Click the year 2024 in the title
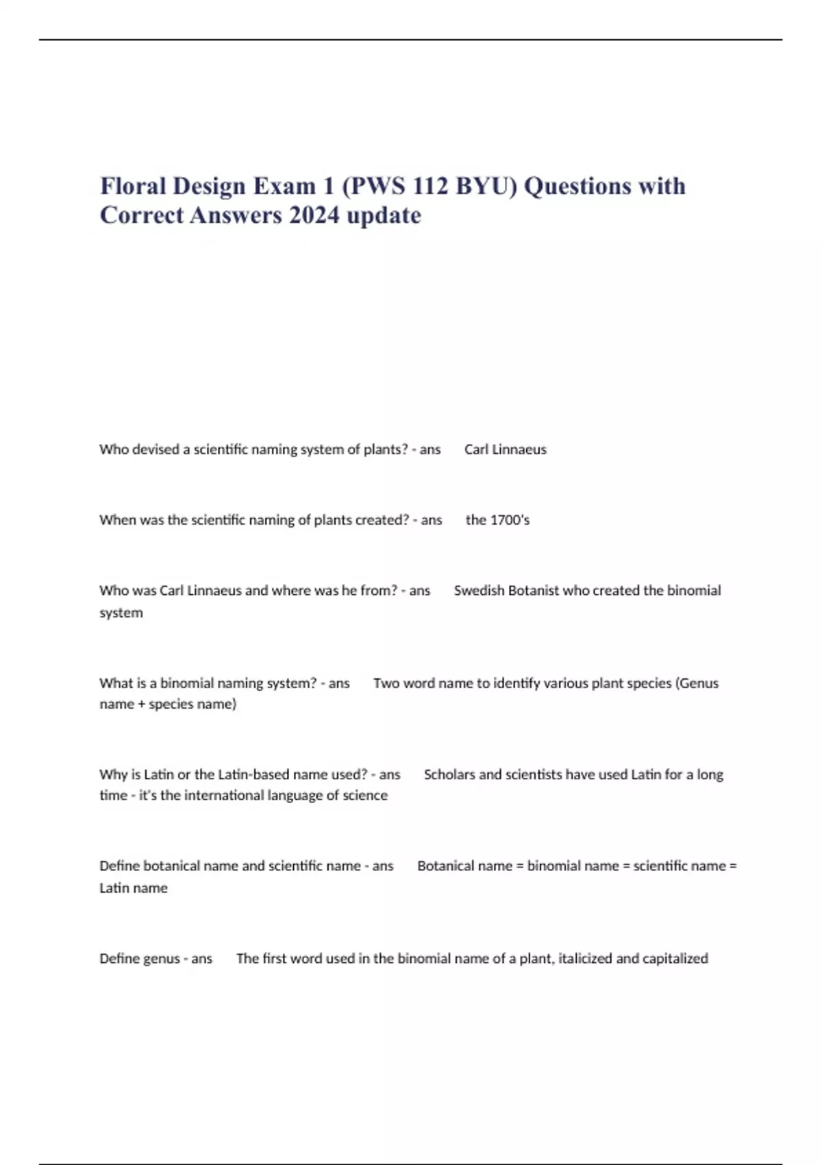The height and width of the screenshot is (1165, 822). [x=314, y=215]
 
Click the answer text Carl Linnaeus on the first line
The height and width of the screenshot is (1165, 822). [x=505, y=450]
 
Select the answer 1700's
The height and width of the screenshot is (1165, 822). [x=508, y=520]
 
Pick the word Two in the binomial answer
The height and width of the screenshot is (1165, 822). [x=386, y=683]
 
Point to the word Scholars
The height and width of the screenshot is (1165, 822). [x=449, y=774]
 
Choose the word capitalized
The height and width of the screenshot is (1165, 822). [x=674, y=959]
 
